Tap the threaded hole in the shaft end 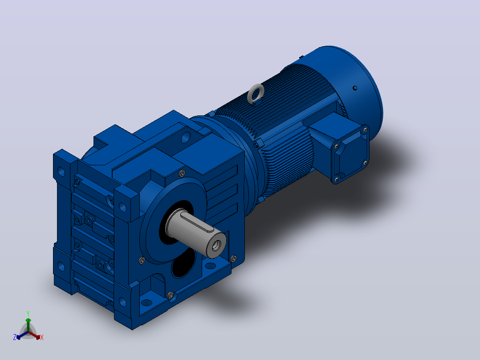point(217,245)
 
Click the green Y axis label point(28,314)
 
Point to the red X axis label point(42,337)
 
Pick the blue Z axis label point(14,337)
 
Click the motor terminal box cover point(350,154)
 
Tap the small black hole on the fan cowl point(355,88)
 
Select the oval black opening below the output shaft point(183,263)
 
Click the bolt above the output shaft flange point(182,174)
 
